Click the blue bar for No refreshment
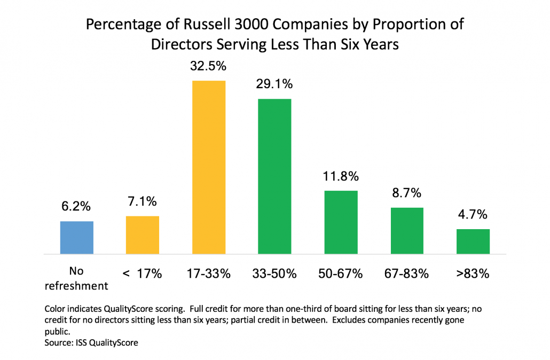76,237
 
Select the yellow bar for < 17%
142,234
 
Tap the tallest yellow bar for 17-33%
208,167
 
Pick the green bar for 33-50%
274,176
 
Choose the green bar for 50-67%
341,222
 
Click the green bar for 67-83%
406,230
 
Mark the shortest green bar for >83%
473,241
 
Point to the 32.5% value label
208,67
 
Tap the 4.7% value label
473,215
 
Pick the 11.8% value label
341,176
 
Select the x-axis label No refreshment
76,279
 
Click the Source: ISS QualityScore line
91,342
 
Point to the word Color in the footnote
56,309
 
